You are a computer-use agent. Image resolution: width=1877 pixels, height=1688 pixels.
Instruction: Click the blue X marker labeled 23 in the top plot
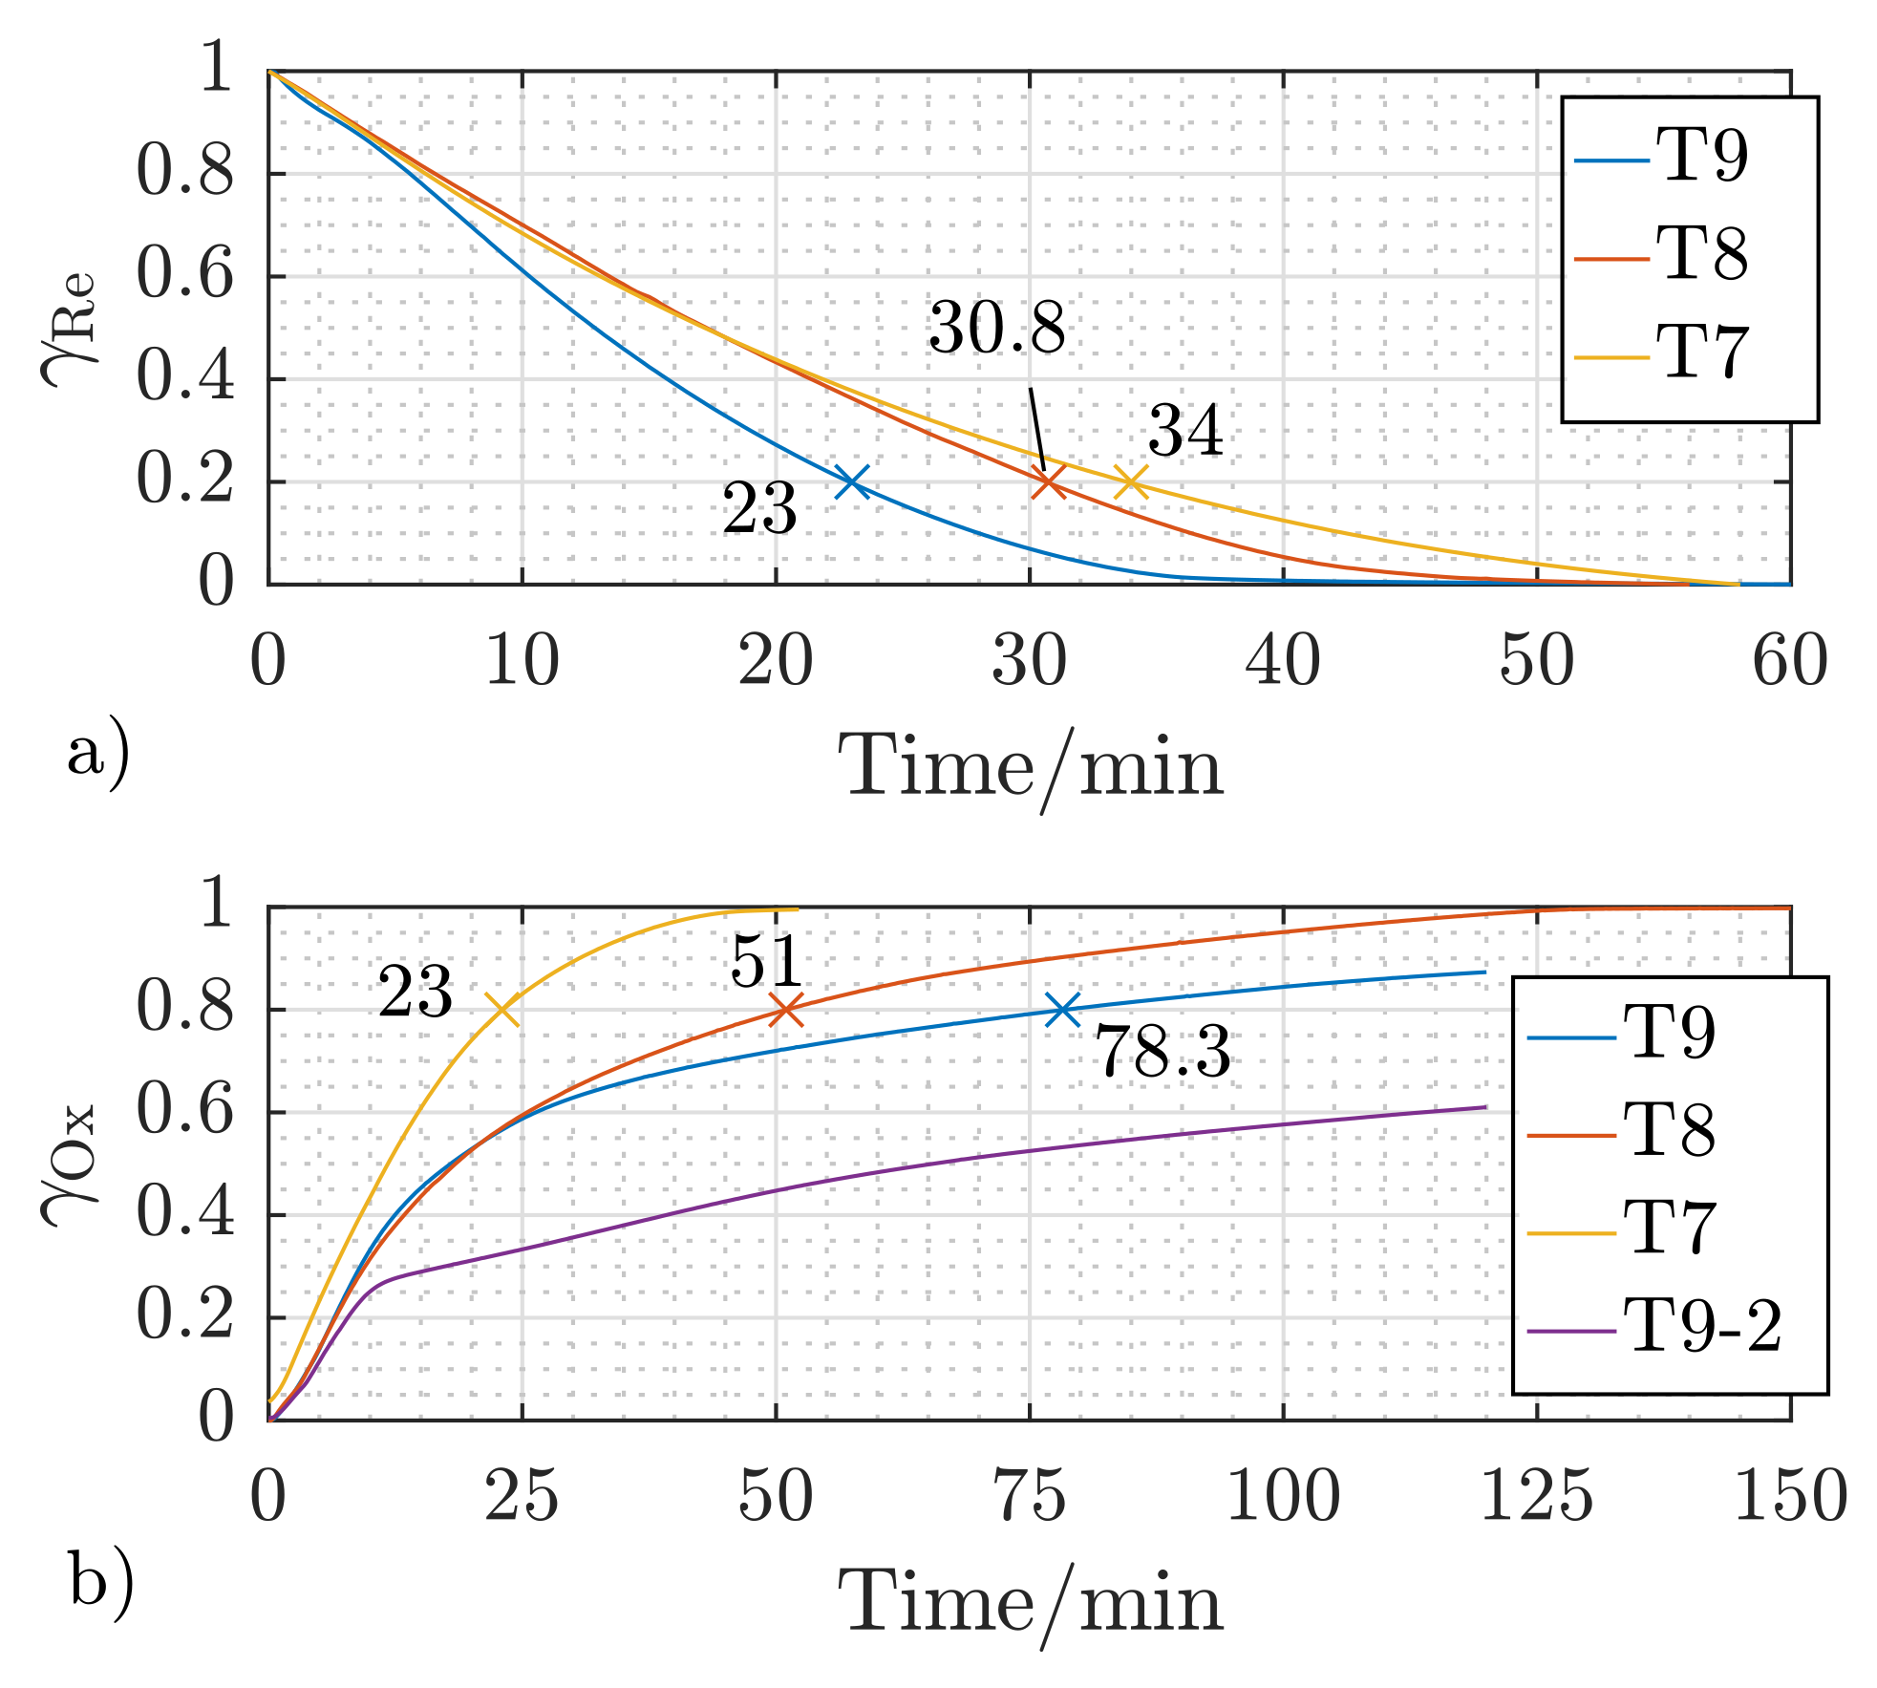pyautogui.click(x=852, y=481)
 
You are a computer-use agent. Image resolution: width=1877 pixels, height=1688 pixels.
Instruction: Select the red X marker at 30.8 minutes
pyautogui.click(x=1049, y=481)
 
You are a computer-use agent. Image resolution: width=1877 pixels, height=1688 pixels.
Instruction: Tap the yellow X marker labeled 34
pyautogui.click(x=1131, y=481)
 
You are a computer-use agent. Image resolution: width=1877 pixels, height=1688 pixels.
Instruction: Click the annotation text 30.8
pyautogui.click(x=996, y=328)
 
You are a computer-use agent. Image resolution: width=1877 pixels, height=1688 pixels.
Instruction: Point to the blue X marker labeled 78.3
pyautogui.click(x=1062, y=1009)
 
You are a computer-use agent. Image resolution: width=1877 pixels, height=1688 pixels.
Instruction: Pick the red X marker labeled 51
pyautogui.click(x=785, y=1009)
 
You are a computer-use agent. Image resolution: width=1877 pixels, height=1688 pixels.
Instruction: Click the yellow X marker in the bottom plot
pyautogui.click(x=502, y=1009)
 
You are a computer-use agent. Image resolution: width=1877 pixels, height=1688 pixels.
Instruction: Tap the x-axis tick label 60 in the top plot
pyautogui.click(x=1789, y=660)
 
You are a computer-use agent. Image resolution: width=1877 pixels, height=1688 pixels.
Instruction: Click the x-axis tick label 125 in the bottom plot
pyautogui.click(x=1536, y=1496)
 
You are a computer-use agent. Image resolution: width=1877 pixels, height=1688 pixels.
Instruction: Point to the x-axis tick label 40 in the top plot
pyautogui.click(x=1282, y=660)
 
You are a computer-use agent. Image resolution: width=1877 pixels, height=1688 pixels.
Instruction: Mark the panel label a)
pyautogui.click(x=98, y=755)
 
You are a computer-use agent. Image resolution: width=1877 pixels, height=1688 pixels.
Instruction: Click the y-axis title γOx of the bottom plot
pyautogui.click(x=69, y=1165)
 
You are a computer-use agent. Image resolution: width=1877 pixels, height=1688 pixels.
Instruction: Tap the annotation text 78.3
pyautogui.click(x=1162, y=1053)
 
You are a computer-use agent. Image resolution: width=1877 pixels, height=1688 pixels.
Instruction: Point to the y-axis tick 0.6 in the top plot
pyautogui.click(x=184, y=275)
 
